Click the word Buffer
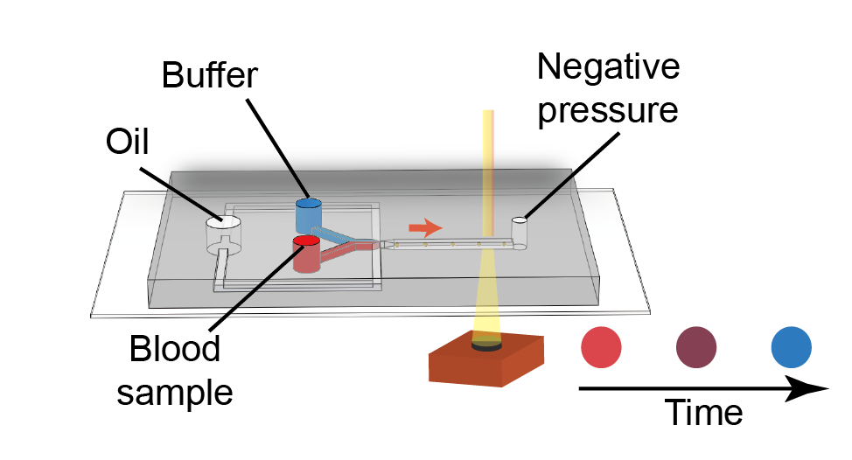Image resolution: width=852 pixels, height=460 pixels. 209,75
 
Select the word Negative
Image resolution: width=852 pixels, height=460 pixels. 608,66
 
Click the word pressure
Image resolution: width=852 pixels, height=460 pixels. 608,110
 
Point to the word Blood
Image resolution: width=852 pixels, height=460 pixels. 174,348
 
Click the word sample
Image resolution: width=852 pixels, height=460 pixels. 175,393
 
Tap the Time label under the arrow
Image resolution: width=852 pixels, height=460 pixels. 703,413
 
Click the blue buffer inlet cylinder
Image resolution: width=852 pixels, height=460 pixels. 308,215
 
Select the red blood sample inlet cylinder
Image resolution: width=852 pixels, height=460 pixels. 306,254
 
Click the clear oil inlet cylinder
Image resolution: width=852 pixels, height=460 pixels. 223,234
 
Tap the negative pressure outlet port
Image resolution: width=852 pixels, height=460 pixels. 520,233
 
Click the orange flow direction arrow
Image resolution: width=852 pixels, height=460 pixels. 425,227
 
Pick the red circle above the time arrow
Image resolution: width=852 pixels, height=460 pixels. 601,347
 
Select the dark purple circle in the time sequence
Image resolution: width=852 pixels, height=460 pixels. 696,347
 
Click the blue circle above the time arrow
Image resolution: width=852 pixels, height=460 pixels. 791,347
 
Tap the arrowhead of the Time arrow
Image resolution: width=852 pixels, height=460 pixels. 810,389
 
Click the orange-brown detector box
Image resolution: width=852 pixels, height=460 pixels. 485,362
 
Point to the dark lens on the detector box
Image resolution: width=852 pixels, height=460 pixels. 486,345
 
